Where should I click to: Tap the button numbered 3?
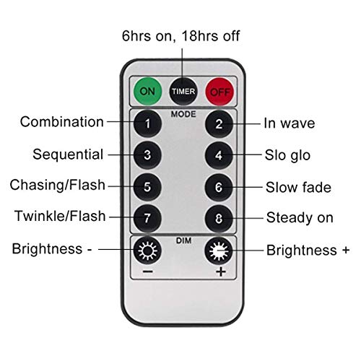point(148,155)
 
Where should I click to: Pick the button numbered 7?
point(148,216)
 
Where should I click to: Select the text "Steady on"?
point(300,217)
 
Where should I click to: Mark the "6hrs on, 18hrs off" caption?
point(180,36)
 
